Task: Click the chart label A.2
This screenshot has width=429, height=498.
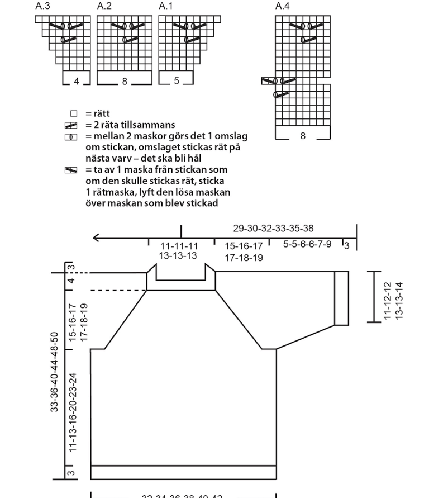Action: [x=104, y=6]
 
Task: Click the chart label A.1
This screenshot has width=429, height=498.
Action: [x=166, y=6]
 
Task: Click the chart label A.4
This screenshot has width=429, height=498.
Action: [x=283, y=6]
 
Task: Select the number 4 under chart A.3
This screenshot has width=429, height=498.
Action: [x=77, y=81]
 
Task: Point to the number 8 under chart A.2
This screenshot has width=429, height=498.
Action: [x=125, y=81]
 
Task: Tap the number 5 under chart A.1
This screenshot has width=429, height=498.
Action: [x=177, y=81]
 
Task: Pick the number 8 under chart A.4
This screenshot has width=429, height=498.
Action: [x=303, y=136]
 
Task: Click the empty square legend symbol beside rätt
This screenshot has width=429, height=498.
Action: [x=71, y=114]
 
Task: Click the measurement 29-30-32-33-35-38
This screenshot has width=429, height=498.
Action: [x=273, y=228]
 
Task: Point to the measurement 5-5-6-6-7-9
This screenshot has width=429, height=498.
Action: [x=307, y=244]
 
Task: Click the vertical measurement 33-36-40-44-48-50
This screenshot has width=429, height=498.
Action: [x=55, y=372]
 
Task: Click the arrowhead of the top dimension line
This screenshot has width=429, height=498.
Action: [x=96, y=238]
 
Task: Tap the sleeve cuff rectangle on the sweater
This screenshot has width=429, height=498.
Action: [x=341, y=298]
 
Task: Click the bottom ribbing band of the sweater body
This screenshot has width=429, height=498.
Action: [x=183, y=472]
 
